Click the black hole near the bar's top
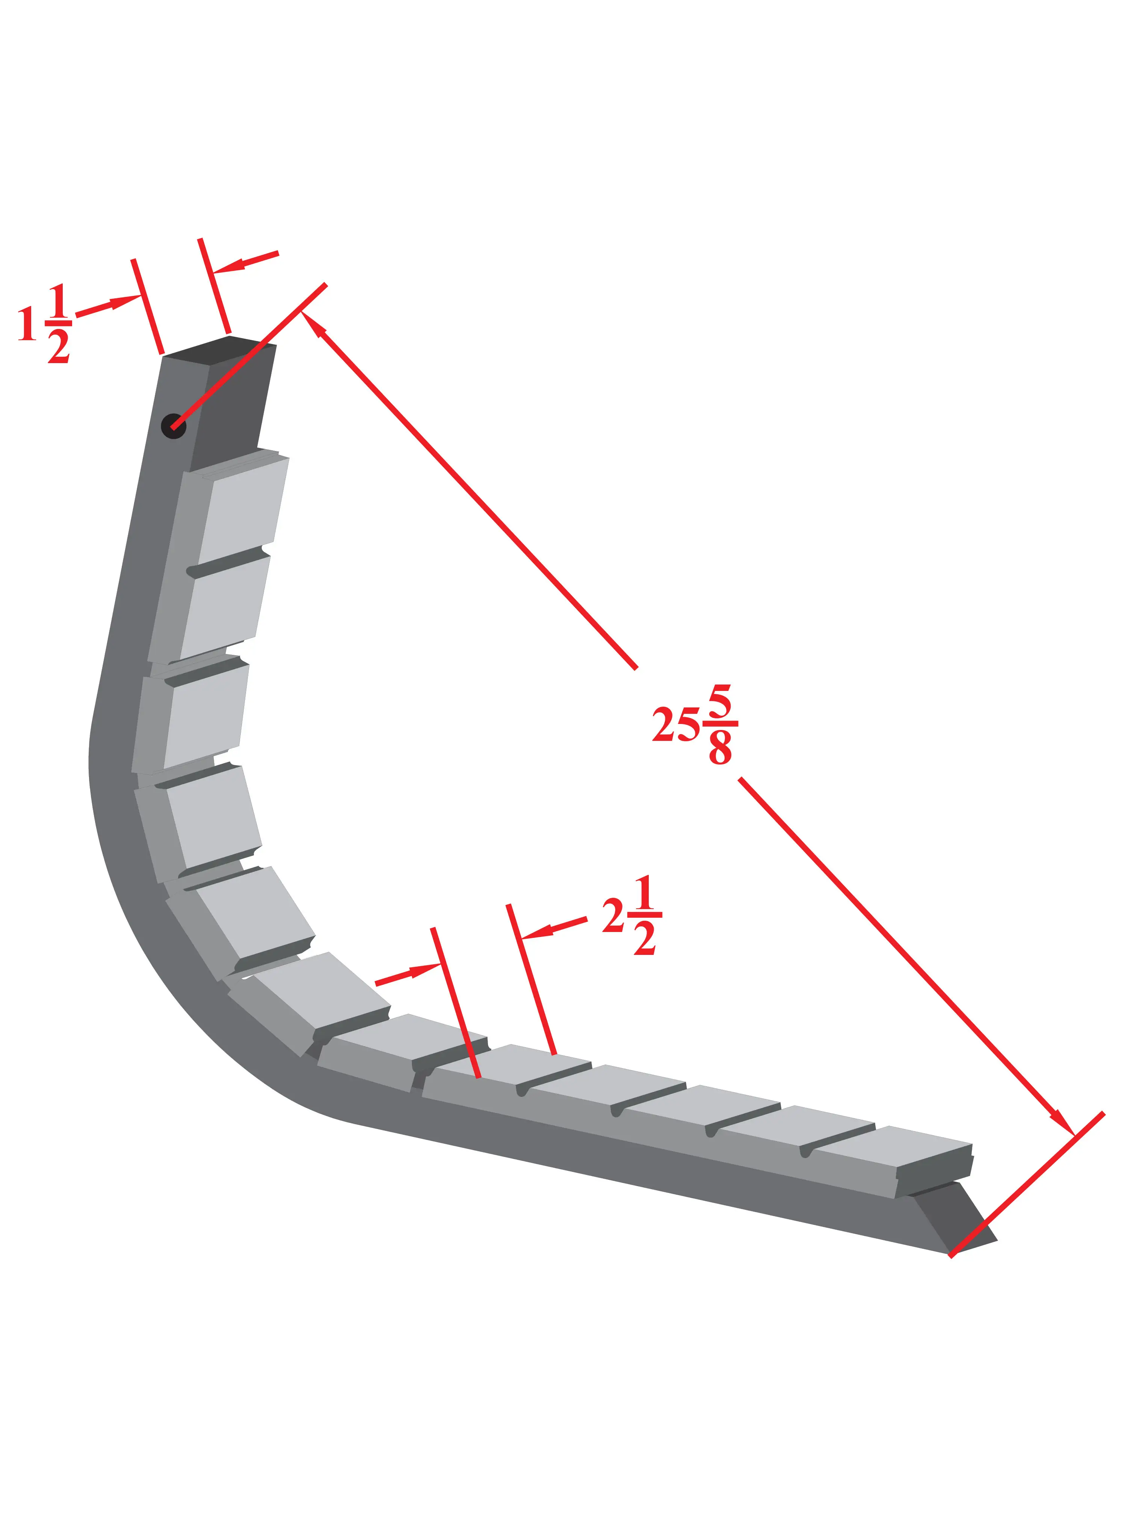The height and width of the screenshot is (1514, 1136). (x=173, y=426)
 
